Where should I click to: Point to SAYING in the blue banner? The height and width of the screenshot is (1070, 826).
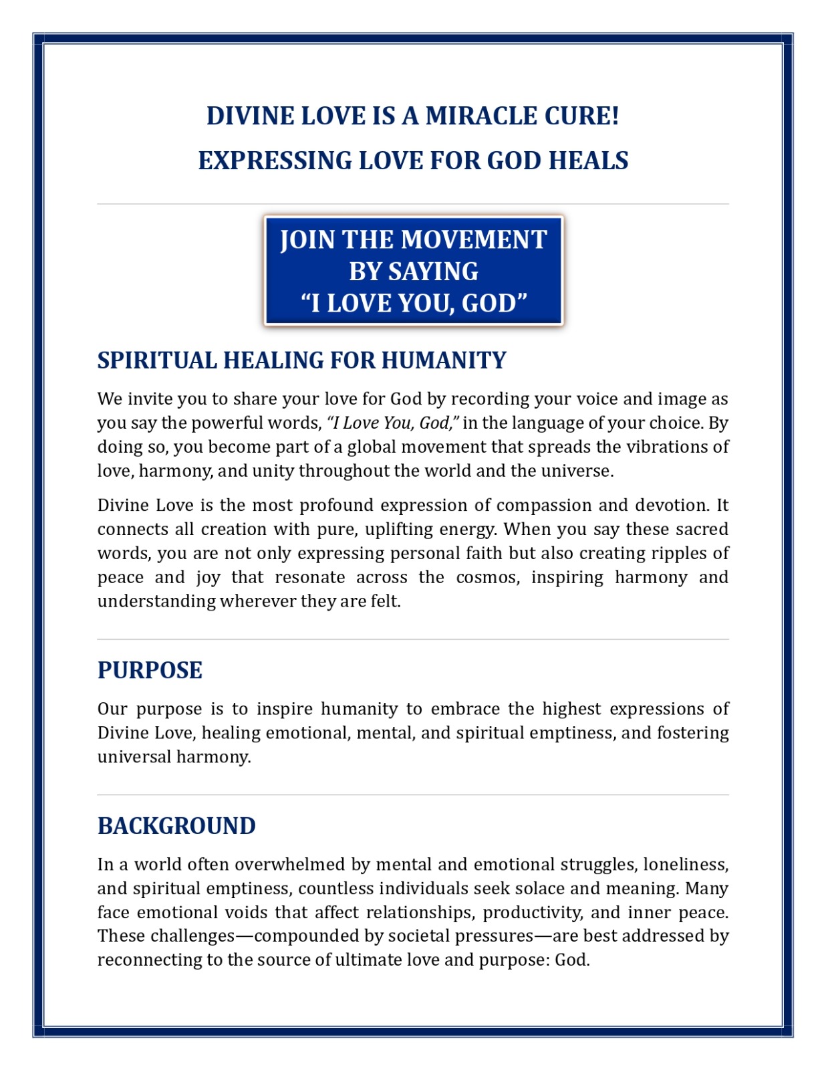(433, 272)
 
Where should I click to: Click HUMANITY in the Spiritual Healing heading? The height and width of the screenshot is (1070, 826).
(444, 361)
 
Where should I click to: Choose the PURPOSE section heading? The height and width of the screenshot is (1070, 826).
(150, 671)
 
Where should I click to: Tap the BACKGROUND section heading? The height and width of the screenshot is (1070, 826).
(176, 827)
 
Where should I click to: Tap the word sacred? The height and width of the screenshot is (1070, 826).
(702, 530)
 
